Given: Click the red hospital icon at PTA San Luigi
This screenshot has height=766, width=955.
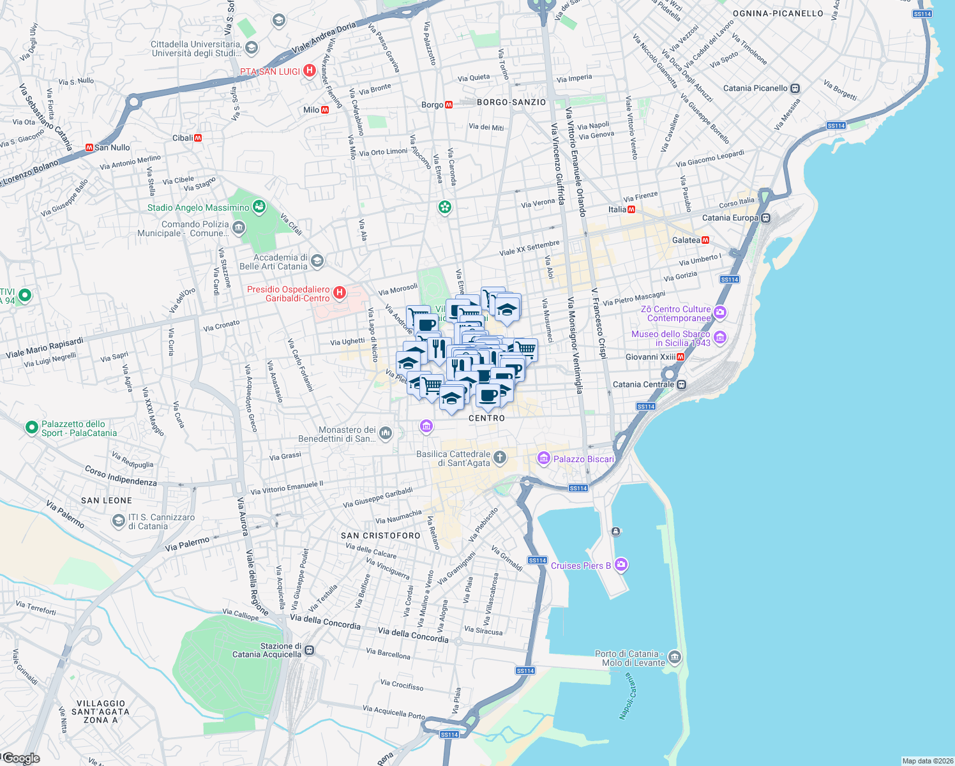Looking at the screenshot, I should tap(310, 71).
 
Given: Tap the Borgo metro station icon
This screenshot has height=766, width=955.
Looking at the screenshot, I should tap(449, 105).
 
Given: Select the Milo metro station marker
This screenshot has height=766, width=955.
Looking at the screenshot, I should tap(326, 110).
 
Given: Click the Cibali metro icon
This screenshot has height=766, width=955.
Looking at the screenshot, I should tap(198, 138).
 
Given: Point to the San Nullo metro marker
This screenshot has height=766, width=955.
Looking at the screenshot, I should tap(89, 147).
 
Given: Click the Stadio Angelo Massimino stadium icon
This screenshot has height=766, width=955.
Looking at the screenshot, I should tap(259, 207).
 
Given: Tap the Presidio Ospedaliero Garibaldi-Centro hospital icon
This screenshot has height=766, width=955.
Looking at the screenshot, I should tap(340, 293).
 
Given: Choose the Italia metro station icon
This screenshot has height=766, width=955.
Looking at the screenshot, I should tap(631, 209).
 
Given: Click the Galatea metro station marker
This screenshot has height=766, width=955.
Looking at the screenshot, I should tap(705, 240).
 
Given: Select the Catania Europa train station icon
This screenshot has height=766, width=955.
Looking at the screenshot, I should tap(765, 218).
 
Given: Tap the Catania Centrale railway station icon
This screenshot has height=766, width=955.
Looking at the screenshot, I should tap(682, 384).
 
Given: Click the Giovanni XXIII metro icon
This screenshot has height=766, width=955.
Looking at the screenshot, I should tap(681, 357).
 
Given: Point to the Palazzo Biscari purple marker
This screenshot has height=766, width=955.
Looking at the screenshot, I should tap(544, 458).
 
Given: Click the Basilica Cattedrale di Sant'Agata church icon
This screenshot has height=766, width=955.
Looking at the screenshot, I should tap(500, 457).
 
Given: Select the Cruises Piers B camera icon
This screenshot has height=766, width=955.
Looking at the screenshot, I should tap(622, 565).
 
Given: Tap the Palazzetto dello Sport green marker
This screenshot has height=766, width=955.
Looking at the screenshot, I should tap(31, 428).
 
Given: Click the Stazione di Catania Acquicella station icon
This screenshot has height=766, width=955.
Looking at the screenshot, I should tap(310, 650).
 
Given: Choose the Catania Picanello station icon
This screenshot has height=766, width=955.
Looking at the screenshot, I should tap(795, 88).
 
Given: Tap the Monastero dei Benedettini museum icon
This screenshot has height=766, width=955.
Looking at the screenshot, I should tap(385, 434).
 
